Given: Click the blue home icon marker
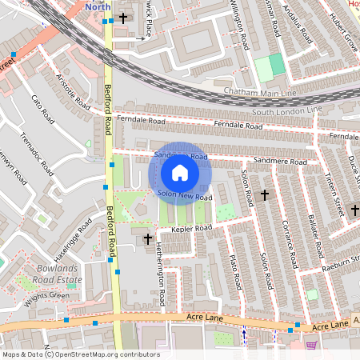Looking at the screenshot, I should pyautogui.click(x=180, y=173).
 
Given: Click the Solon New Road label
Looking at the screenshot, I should pyautogui.click(x=185, y=194).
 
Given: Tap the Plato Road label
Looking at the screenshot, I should pyautogui.click(x=235, y=271).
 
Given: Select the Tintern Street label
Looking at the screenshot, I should pyautogui.click(x=334, y=194).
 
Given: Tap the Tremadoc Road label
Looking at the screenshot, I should pyautogui.click(x=38, y=154).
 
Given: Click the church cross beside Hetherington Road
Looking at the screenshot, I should pyautogui.click(x=146, y=239).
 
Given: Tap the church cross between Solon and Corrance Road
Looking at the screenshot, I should pyautogui.click(x=265, y=194).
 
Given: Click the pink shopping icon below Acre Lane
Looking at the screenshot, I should pyautogui.click(x=311, y=345).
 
